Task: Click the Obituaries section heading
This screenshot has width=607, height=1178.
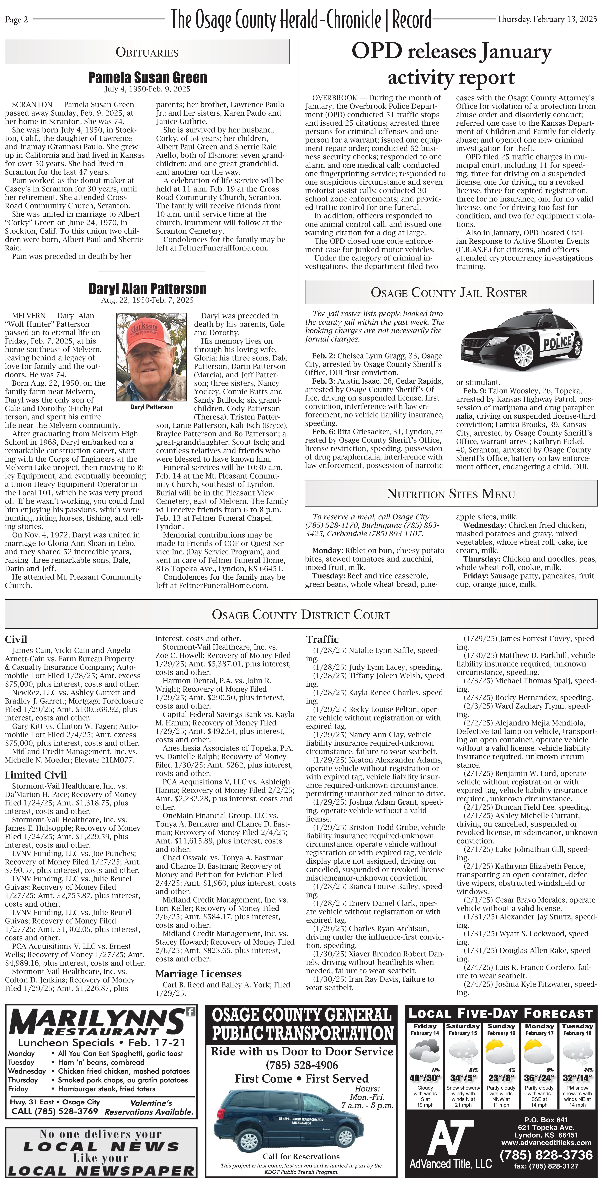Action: tap(147, 52)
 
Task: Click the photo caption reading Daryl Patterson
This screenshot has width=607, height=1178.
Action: tap(151, 407)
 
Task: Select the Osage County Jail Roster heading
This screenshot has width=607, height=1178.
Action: tap(449, 293)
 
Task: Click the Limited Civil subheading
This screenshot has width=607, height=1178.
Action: tap(36, 775)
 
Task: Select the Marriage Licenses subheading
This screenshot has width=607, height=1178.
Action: tap(198, 974)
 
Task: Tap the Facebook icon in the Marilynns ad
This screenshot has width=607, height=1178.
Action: tap(190, 1012)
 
